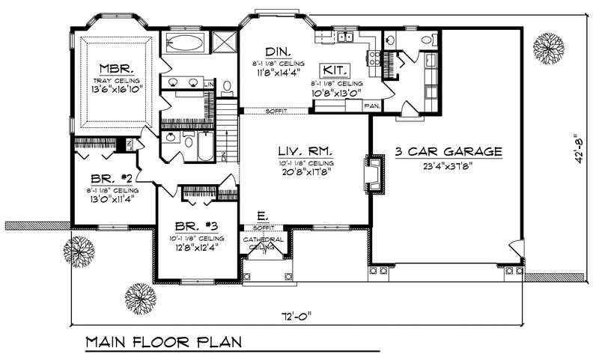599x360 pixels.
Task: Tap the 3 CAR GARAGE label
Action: pyautogui.click(x=449, y=152)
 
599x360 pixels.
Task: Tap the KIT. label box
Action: pyautogui.click(x=335, y=70)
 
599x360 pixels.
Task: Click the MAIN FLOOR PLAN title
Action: pyautogui.click(x=162, y=343)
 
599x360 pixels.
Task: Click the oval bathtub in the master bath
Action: pyautogui.click(x=183, y=42)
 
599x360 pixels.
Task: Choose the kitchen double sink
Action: pyautogui.click(x=345, y=37)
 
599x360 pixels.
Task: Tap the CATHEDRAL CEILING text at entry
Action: pyautogui.click(x=257, y=242)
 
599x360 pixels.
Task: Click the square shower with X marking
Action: pyautogui.click(x=223, y=41)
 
